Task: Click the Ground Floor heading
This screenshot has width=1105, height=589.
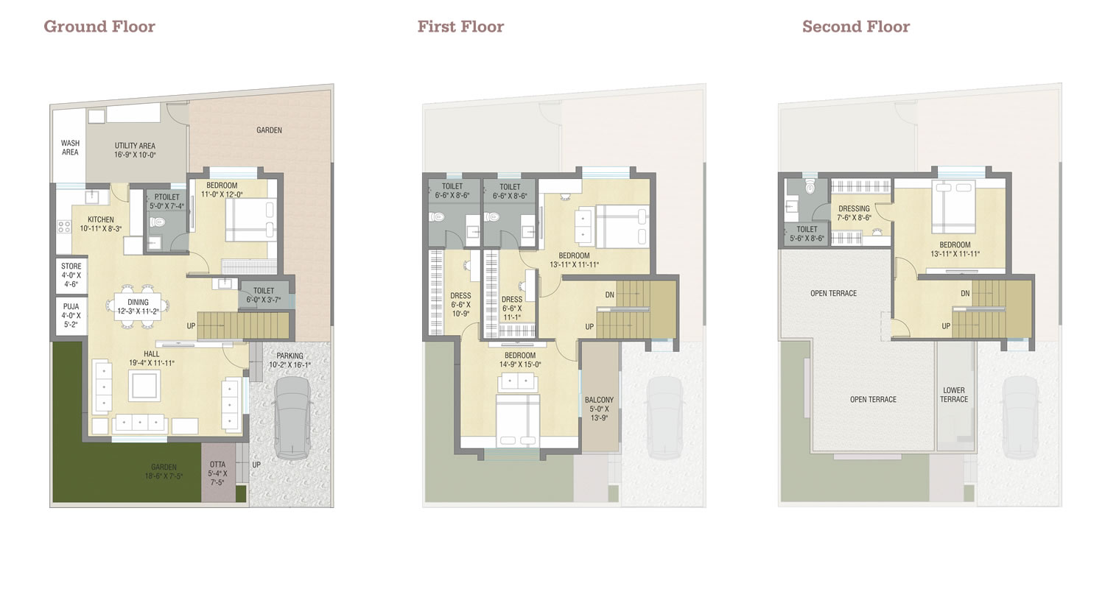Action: pyautogui.click(x=99, y=27)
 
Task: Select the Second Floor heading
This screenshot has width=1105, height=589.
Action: pyautogui.click(x=856, y=27)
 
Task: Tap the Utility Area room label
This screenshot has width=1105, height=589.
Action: pyautogui.click(x=135, y=146)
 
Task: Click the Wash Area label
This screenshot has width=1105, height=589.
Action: pyautogui.click(x=70, y=147)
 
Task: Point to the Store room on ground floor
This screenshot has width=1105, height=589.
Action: pyautogui.click(x=71, y=275)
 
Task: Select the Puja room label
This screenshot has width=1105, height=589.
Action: pyautogui.click(x=71, y=306)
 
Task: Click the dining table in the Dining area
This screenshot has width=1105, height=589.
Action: pyautogui.click(x=138, y=306)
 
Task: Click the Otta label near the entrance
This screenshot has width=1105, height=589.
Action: pyautogui.click(x=217, y=465)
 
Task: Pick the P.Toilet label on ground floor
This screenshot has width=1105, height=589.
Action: pyautogui.click(x=166, y=197)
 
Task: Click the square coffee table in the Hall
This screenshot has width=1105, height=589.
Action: pyautogui.click(x=144, y=386)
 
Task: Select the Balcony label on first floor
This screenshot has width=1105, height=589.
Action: pyautogui.click(x=600, y=400)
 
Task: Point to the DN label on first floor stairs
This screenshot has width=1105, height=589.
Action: pyautogui.click(x=610, y=294)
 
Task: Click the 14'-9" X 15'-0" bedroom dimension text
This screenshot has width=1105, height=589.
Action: pyautogui.click(x=520, y=364)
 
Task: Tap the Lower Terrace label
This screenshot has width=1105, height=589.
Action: pyautogui.click(x=953, y=395)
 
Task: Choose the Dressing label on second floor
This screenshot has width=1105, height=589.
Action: pyautogui.click(x=854, y=208)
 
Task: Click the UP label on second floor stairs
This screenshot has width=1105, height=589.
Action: pyautogui.click(x=946, y=326)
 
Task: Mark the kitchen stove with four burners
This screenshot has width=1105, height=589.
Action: pyautogui.click(x=64, y=227)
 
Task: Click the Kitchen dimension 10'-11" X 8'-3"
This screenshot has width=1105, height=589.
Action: pyautogui.click(x=101, y=229)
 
